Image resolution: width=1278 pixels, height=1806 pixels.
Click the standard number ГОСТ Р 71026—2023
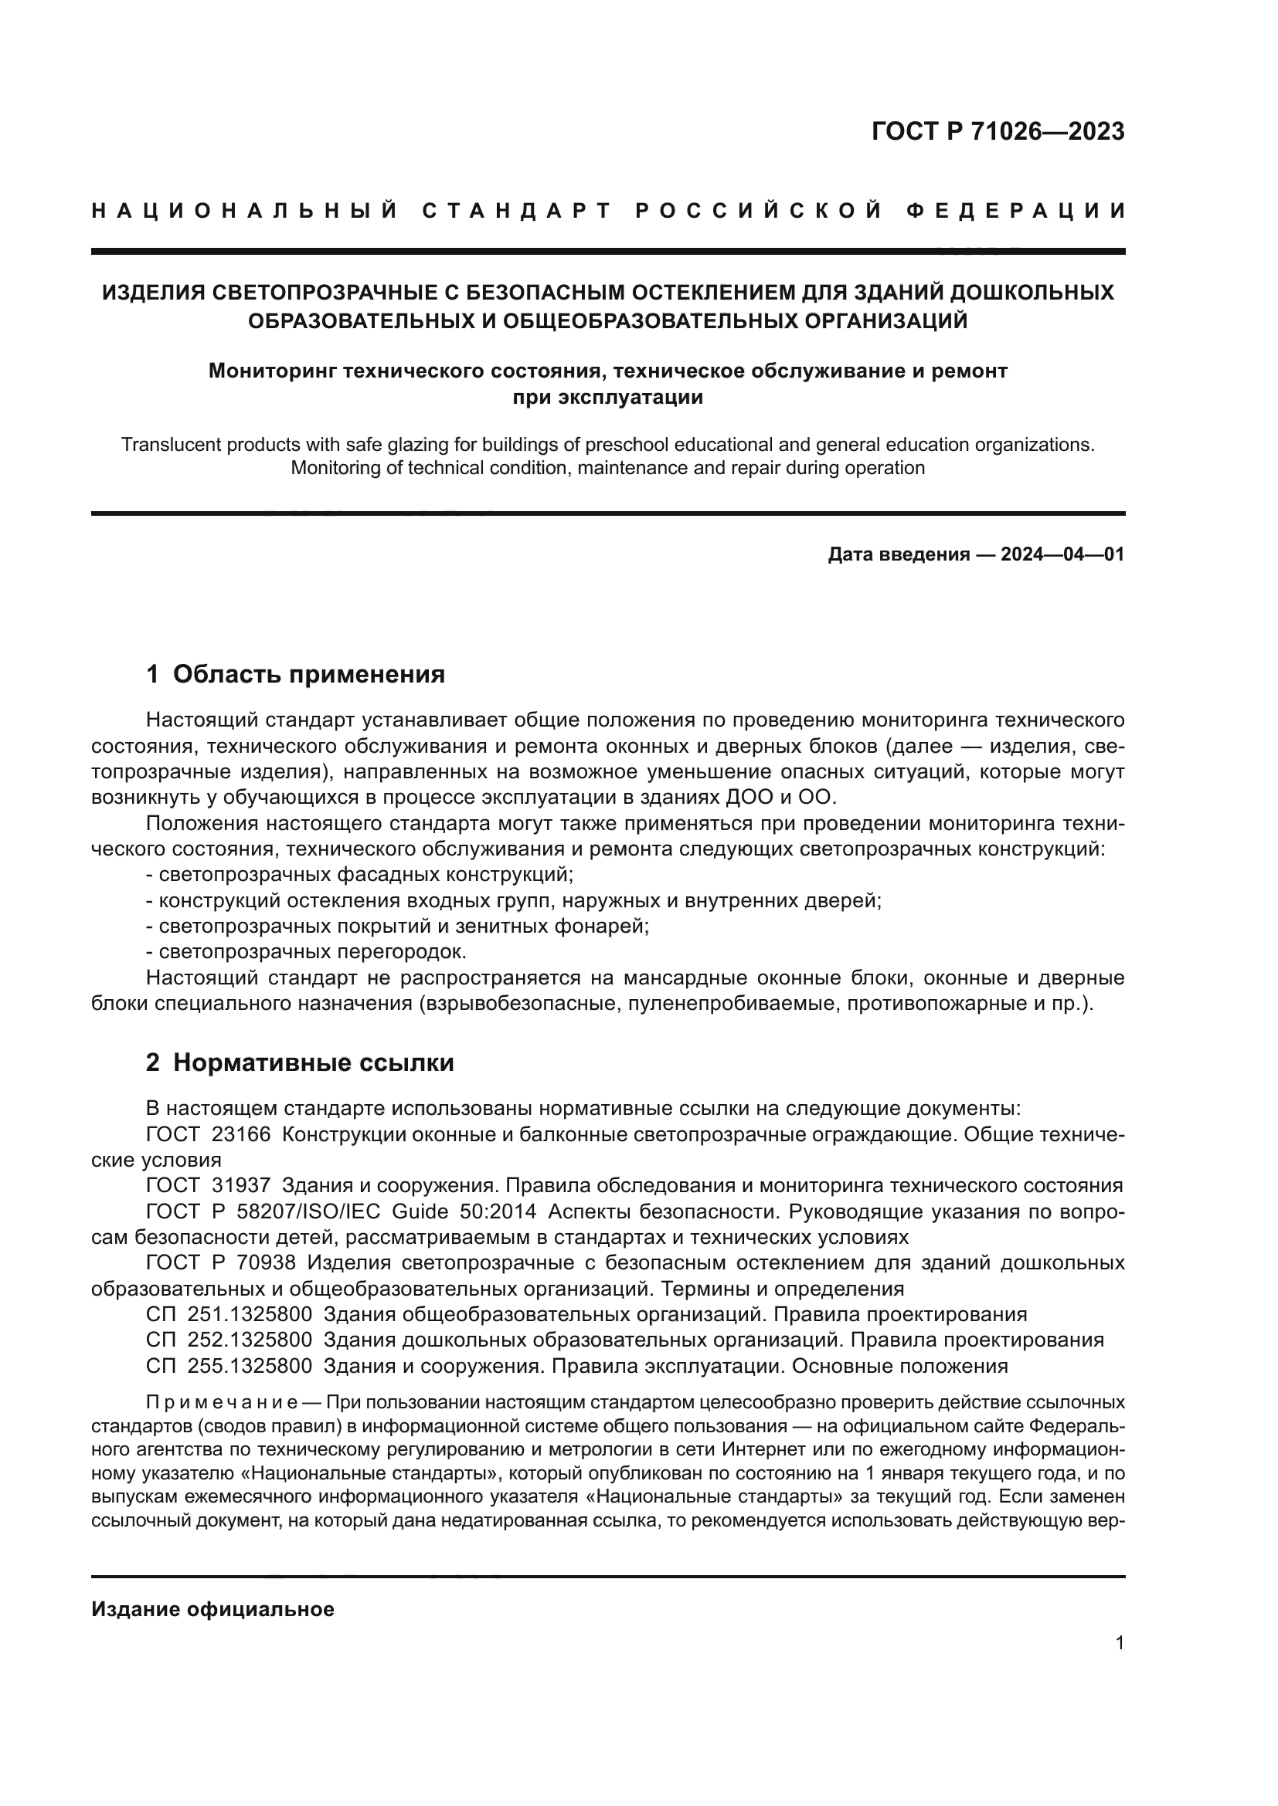click(x=998, y=131)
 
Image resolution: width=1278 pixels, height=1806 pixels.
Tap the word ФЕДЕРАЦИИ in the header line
click(x=1017, y=211)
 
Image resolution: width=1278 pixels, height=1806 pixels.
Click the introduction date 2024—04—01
click(x=1062, y=554)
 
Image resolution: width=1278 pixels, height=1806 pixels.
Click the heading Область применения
click(x=308, y=674)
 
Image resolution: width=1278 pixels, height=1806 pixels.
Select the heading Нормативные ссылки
click(x=313, y=1062)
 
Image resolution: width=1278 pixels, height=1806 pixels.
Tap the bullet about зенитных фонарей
click(x=397, y=926)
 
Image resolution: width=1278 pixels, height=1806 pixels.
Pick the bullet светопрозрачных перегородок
click(x=307, y=952)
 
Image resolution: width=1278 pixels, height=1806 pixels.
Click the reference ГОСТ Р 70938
click(x=221, y=1263)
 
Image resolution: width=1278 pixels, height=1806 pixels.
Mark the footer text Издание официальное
click(x=212, y=1609)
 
